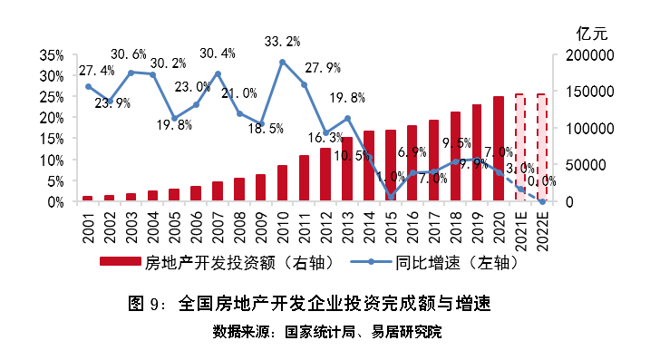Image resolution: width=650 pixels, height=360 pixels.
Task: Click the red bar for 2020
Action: click(x=499, y=149)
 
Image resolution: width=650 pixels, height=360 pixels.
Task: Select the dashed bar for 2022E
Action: click(x=541, y=148)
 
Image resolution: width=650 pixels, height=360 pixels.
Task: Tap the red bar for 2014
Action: click(x=369, y=166)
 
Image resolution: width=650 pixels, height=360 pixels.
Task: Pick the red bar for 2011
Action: click(x=304, y=179)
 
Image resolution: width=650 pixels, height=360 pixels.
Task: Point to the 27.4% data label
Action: click(x=96, y=70)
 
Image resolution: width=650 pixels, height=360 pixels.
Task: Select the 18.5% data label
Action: click(x=263, y=129)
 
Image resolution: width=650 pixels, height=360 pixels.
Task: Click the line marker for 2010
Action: click(x=283, y=62)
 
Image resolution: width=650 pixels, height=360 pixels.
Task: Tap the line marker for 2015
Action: click(x=391, y=197)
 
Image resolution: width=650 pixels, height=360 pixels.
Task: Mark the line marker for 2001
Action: click(x=88, y=86)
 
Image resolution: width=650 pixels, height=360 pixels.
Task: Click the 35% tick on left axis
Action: click(x=52, y=55)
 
